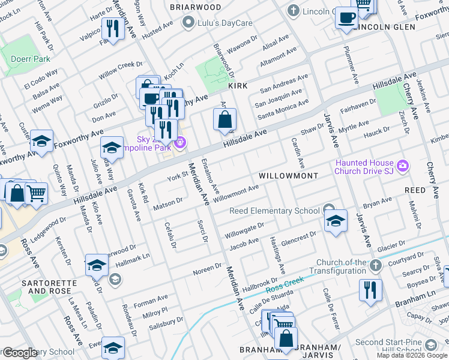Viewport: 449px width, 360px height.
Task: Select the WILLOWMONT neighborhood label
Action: (288, 176)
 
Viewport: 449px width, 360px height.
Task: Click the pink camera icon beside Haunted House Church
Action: (402, 164)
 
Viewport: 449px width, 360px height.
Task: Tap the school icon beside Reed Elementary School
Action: (336, 220)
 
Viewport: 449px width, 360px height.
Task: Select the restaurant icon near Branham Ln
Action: (370, 289)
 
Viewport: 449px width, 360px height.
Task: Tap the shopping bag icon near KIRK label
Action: (224, 119)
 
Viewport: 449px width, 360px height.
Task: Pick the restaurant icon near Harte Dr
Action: (112, 27)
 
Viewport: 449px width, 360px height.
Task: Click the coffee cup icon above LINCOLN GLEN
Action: (346, 17)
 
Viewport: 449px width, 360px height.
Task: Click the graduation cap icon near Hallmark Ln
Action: (97, 264)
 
